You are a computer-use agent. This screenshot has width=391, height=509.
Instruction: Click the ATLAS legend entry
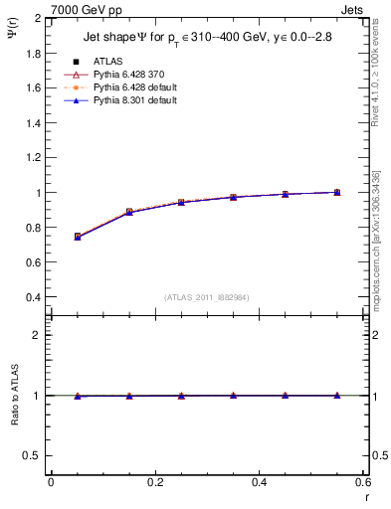coord(107,61)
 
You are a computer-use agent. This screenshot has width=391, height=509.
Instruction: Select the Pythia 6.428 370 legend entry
coord(126,74)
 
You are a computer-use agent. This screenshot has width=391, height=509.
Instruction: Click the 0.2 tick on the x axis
coord(154,482)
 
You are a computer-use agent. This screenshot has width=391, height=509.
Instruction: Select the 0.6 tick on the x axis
coord(362,482)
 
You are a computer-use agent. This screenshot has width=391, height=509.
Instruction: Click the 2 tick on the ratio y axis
coord(38,335)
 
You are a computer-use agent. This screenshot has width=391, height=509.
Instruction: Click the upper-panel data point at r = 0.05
coord(77,237)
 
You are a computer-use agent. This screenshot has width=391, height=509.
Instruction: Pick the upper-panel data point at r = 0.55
coord(336,192)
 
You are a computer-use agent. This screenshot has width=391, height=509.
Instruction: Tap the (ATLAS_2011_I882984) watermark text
coord(206,296)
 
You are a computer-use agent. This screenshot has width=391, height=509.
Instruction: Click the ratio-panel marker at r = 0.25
coord(180,396)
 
